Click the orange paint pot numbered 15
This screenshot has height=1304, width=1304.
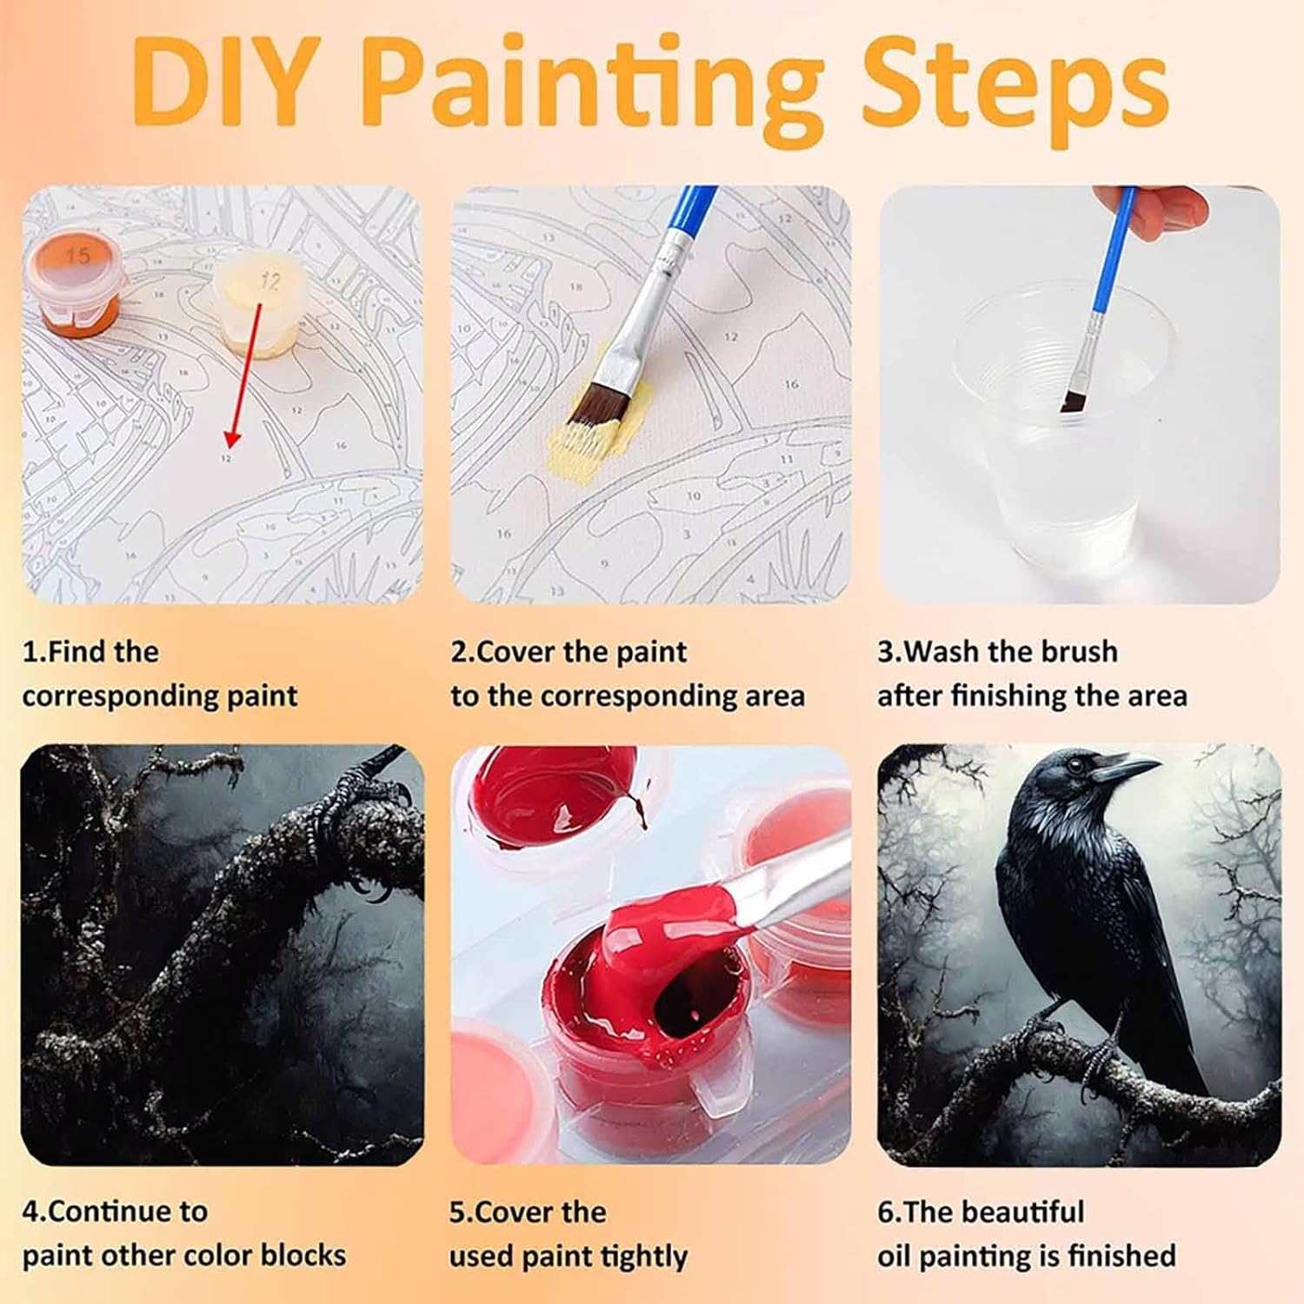[77, 283]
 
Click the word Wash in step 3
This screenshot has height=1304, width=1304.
[943, 651]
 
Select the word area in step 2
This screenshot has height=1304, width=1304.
[772, 696]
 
